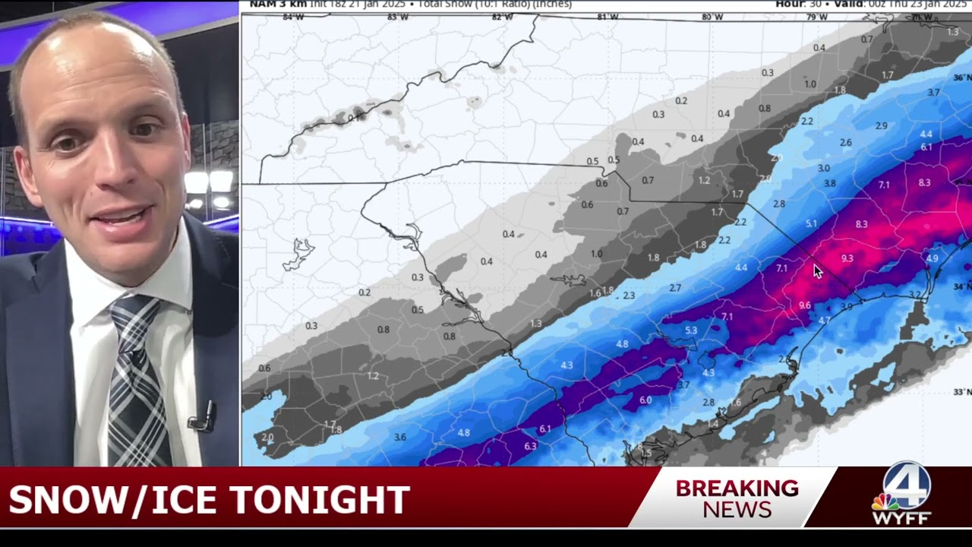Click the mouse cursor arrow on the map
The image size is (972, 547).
pyautogui.click(x=817, y=271)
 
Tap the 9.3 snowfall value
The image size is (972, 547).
pyautogui.click(x=847, y=258)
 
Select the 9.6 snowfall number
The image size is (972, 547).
pyautogui.click(x=805, y=305)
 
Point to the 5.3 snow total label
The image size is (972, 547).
pyautogui.click(x=691, y=330)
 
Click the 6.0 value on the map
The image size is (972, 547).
pyautogui.click(x=645, y=400)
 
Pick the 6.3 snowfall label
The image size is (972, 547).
pyautogui.click(x=530, y=446)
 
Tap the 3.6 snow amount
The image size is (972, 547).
pyautogui.click(x=400, y=437)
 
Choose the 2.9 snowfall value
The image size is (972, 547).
pyautogui.click(x=881, y=125)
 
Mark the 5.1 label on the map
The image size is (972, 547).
pyautogui.click(x=811, y=223)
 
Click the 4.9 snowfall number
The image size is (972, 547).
pyautogui.click(x=933, y=258)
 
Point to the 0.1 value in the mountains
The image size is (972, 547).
pyautogui.click(x=354, y=118)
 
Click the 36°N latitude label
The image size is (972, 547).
pyautogui.click(x=962, y=77)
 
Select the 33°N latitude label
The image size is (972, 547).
pyautogui.click(x=962, y=392)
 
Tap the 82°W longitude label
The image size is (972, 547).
pyautogui.click(x=501, y=17)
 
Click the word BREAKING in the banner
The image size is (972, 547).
pyautogui.click(x=737, y=488)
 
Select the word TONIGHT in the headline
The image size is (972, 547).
pyautogui.click(x=319, y=501)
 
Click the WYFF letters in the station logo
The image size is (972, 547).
pyautogui.click(x=901, y=518)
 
